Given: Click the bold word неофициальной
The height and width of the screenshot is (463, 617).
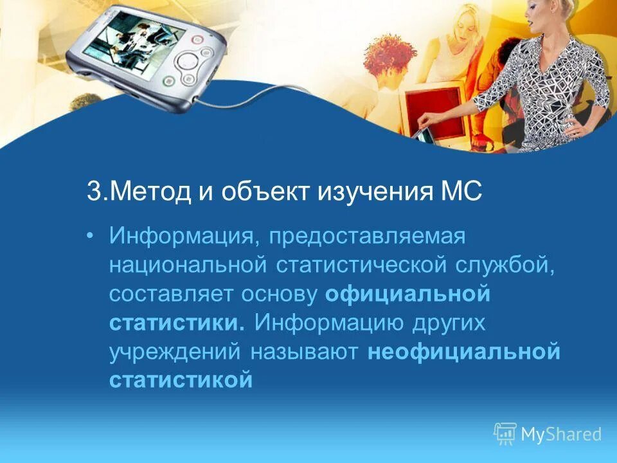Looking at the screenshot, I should click(465, 351).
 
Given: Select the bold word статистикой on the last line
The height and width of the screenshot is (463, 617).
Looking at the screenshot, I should click(181, 380).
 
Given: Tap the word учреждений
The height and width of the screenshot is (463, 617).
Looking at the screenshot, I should click(175, 351).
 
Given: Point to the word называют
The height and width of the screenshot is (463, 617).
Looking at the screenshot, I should click(306, 351).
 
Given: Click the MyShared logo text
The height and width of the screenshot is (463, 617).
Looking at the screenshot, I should click(561, 434).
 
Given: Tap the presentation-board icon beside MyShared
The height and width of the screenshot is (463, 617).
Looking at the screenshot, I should click(505, 434).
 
